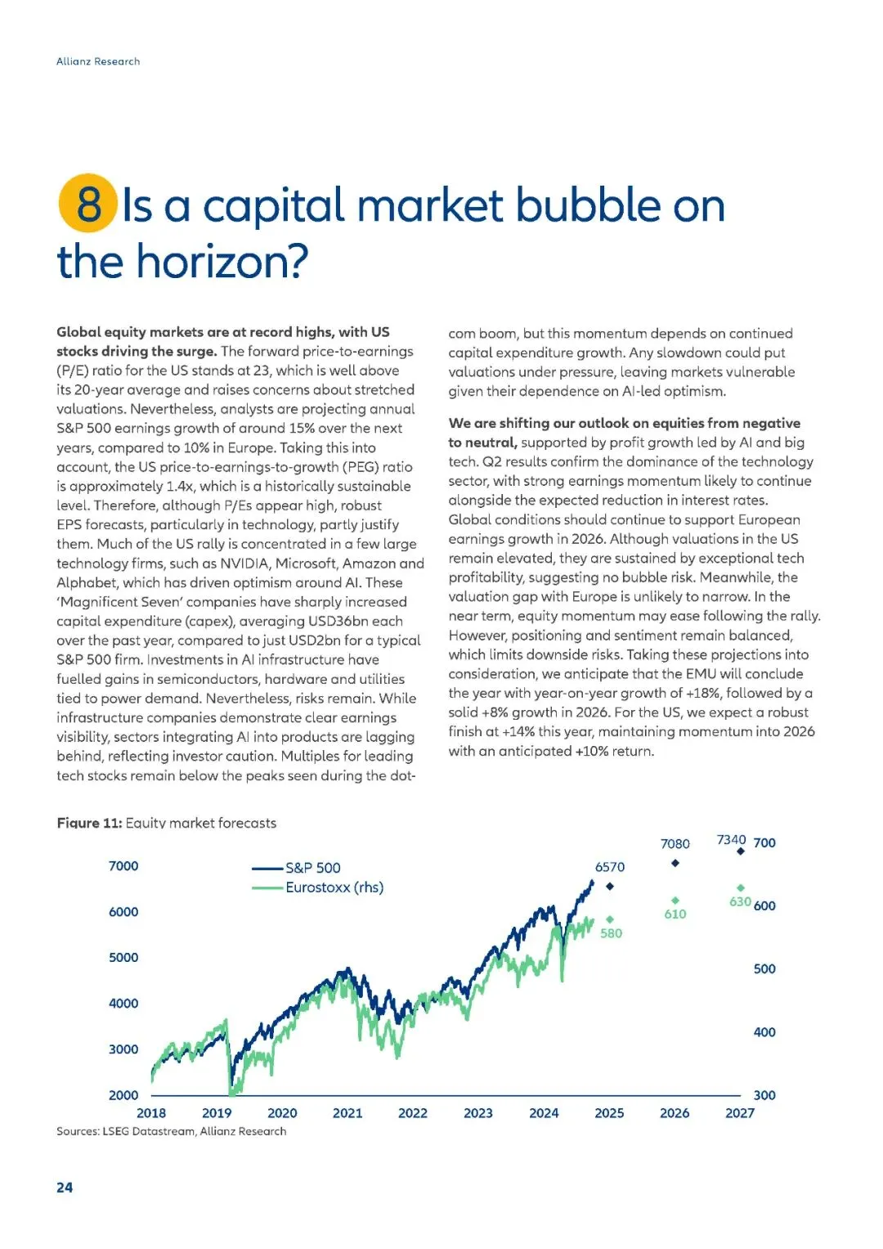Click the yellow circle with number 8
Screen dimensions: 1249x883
pos(88,203)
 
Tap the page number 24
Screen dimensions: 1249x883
pos(65,1187)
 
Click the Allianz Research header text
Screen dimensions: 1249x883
pos(98,61)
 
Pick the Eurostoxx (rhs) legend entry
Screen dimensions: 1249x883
pos(334,887)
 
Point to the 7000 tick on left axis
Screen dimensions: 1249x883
pos(123,866)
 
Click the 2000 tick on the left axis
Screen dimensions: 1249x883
pos(123,1095)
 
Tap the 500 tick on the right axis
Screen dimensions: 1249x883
pos(764,969)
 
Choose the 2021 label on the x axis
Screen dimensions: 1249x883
pos(347,1113)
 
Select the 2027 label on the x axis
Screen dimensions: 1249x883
pos(740,1113)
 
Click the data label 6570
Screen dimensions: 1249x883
pos(610,867)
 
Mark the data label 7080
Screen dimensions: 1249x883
pos(675,844)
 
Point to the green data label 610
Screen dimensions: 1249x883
pos(675,914)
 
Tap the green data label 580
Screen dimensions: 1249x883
pos(612,933)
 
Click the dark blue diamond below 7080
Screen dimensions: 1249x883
pos(675,864)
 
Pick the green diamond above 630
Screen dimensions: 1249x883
pos(741,887)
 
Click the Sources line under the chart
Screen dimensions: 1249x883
pos(172,1131)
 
